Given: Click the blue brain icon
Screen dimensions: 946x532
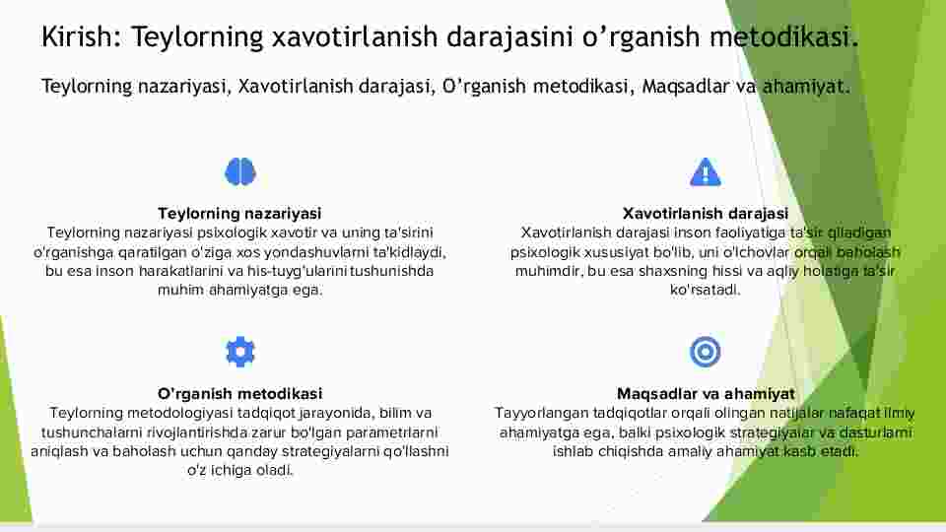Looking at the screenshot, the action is tap(240, 171).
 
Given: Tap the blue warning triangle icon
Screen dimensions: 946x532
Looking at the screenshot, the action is tap(706, 171).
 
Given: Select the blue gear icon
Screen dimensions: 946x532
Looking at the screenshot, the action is tap(240, 352).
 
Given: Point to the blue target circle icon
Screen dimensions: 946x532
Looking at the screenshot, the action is tap(706, 352).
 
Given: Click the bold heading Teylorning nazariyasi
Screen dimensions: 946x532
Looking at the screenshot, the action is tap(239, 214).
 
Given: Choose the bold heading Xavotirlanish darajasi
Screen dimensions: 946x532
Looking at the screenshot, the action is tap(706, 214).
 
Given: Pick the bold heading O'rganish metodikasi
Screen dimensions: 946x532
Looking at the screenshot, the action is tap(240, 394).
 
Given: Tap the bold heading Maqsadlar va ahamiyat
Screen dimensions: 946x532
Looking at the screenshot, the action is tap(706, 394).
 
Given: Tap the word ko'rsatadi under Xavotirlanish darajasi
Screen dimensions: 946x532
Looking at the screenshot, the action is tap(705, 290).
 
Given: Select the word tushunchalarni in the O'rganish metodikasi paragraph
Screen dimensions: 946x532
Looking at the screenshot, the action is tap(92, 432).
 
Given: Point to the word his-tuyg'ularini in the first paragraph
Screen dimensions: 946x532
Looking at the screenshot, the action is tap(297, 271).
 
